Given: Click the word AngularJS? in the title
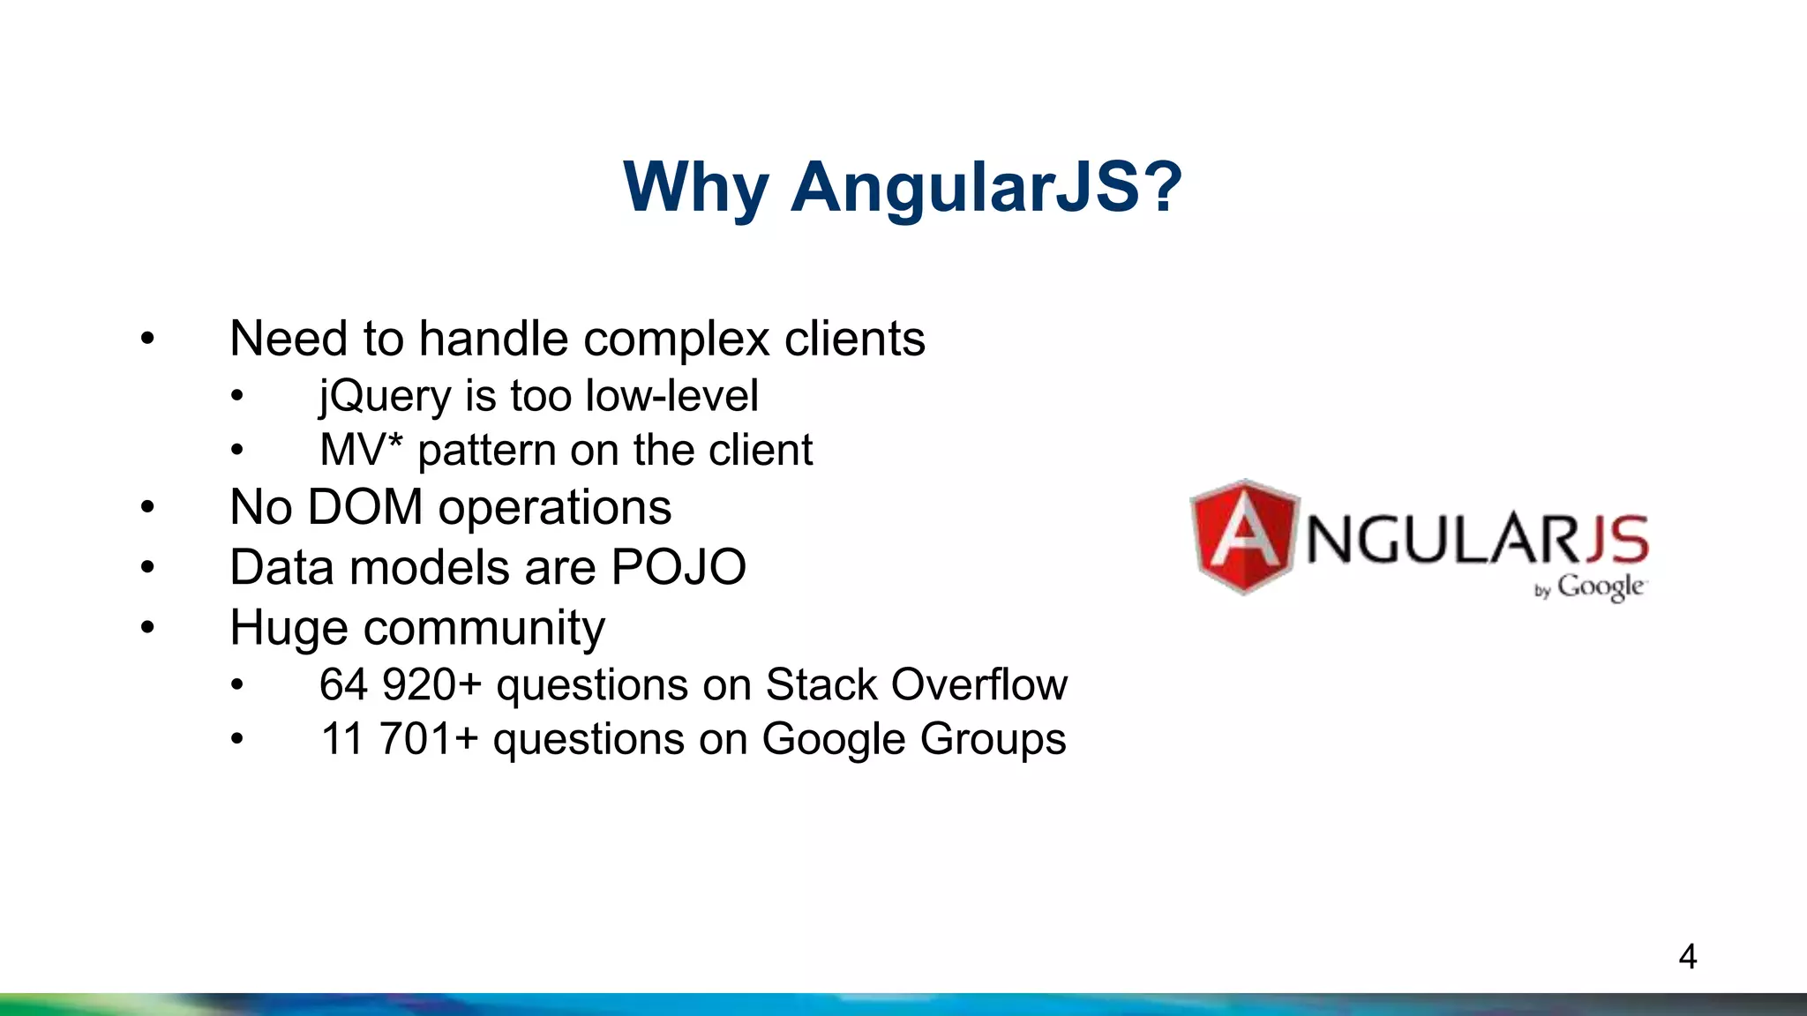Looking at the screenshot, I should pos(986,187).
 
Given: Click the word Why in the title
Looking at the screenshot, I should pos(696,187).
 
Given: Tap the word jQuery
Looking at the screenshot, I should pos(386,396).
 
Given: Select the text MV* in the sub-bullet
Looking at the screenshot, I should pos(361,450).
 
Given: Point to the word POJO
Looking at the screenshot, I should pos(679,567).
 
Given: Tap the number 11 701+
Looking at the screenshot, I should pos(399,739).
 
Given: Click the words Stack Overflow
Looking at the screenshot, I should pos(917,684).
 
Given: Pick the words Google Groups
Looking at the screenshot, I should pos(914,739).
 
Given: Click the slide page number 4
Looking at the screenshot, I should pos(1687,957).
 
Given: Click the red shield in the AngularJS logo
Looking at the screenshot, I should pos(1244,536).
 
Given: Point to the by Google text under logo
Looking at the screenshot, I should pos(1590,587).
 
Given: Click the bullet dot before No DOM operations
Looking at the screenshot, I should pos(147,508).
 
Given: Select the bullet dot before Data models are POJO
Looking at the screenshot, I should pos(147,567).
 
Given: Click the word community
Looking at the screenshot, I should pos(484,628).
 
